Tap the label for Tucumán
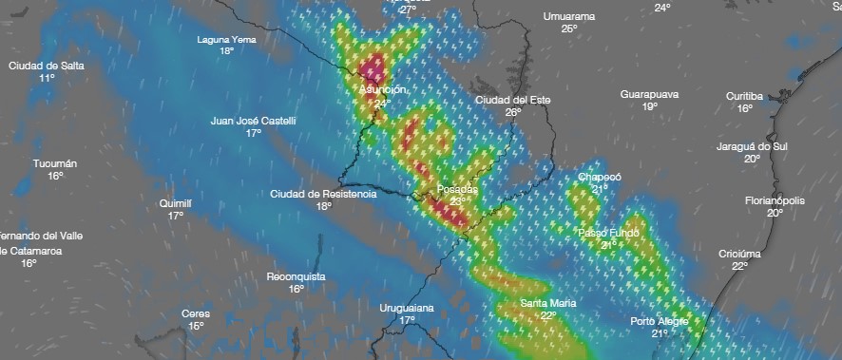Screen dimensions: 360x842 55,163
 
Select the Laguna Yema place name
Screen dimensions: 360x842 226,39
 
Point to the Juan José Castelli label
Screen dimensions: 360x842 253,121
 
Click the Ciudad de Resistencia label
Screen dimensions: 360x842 323,194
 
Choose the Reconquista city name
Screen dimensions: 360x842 296,276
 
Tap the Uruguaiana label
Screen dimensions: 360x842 407,308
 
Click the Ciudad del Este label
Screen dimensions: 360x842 512,100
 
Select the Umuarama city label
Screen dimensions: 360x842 568,16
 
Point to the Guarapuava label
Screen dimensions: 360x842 649,95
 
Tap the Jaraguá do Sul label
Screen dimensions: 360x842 752,146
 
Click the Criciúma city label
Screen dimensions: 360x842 739,254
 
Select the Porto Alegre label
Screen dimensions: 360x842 660,321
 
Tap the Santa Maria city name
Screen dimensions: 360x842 547,303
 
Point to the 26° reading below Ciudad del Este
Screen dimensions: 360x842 513,112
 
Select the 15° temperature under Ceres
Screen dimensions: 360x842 196,326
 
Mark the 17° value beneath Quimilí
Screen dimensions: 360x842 176,216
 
